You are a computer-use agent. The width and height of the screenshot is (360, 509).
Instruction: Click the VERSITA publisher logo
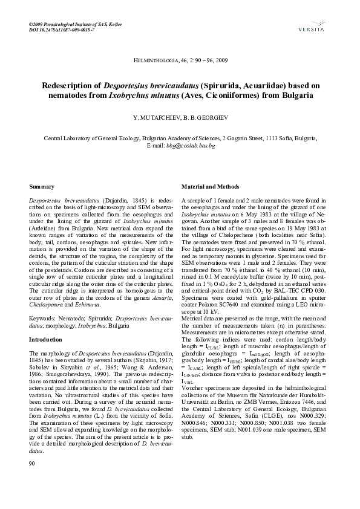pyautogui.click(x=311, y=26)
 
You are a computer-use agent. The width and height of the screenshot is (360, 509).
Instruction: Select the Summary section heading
pyautogui.click(x=42, y=187)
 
